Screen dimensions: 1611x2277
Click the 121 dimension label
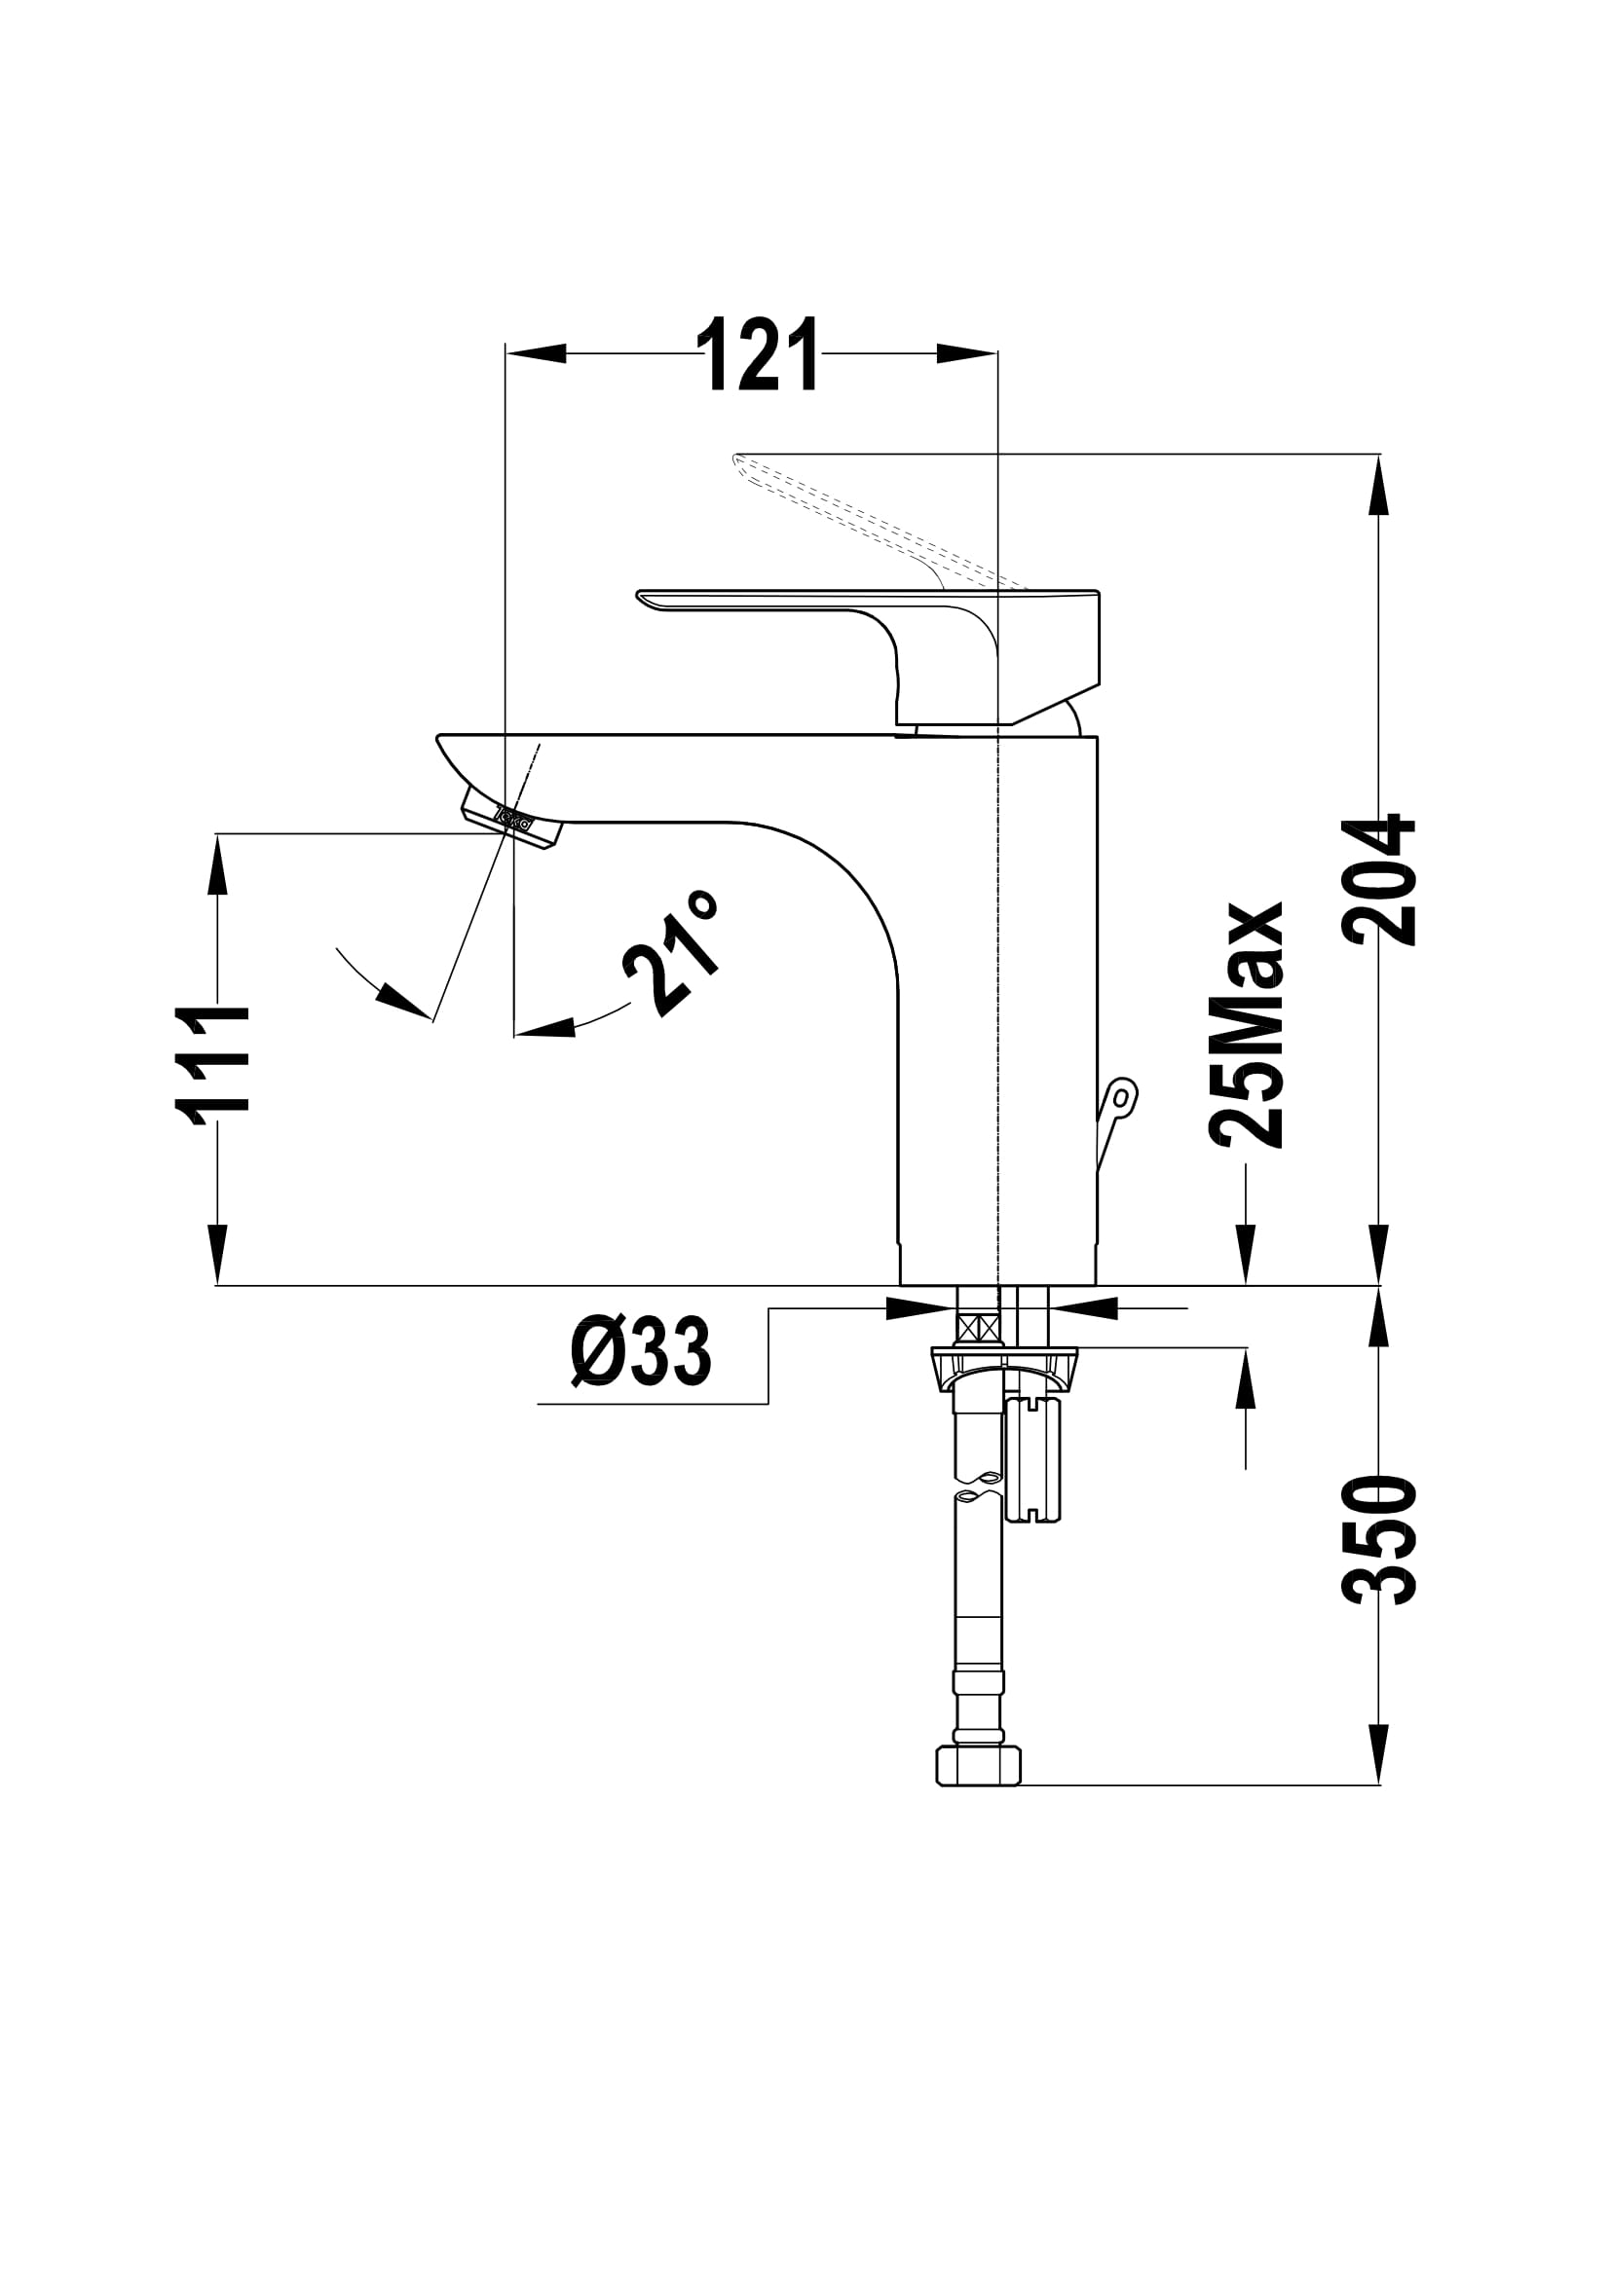759,353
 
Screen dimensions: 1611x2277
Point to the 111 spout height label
213,1065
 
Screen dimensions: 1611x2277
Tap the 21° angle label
670,953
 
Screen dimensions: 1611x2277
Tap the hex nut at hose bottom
978,1766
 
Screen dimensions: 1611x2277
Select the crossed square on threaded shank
977,1327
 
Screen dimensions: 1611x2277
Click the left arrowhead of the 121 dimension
536,353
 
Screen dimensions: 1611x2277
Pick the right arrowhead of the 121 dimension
967,353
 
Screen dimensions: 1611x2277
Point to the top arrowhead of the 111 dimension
217,863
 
